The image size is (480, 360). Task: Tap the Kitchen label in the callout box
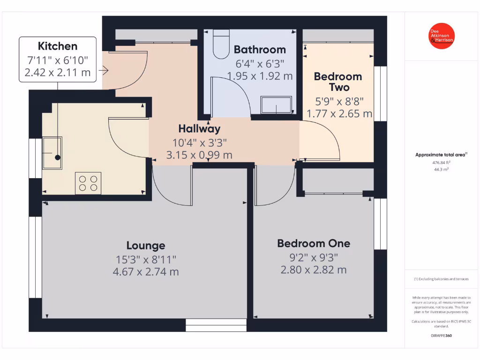(58, 46)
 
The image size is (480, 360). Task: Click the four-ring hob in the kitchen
(88, 183)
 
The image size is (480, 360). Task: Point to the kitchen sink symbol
(52, 152)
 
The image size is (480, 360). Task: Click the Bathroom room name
(260, 49)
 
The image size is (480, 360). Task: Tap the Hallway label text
(199, 128)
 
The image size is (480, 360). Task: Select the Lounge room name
(146, 245)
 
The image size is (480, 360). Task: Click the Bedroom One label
(314, 243)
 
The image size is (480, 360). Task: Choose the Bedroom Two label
(338, 82)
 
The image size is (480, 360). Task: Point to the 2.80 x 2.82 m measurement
(314, 270)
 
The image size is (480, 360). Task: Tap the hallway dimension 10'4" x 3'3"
(199, 142)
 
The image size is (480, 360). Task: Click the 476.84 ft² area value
(441, 163)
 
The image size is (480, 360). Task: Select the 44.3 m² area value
(441, 170)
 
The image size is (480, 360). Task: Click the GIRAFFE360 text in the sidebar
(441, 336)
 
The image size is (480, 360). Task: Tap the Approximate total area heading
(441, 155)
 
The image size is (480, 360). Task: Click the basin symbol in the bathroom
(276, 105)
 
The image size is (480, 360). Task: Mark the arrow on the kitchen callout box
(104, 70)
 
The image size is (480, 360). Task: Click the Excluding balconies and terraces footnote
(441, 279)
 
